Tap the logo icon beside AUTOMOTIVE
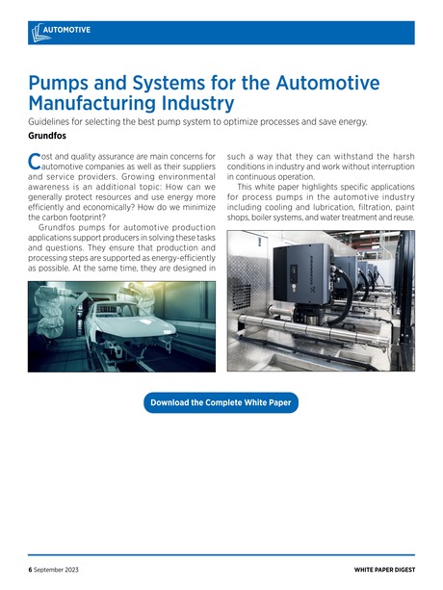[37, 31]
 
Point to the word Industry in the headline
[202, 101]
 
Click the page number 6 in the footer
[30, 570]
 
